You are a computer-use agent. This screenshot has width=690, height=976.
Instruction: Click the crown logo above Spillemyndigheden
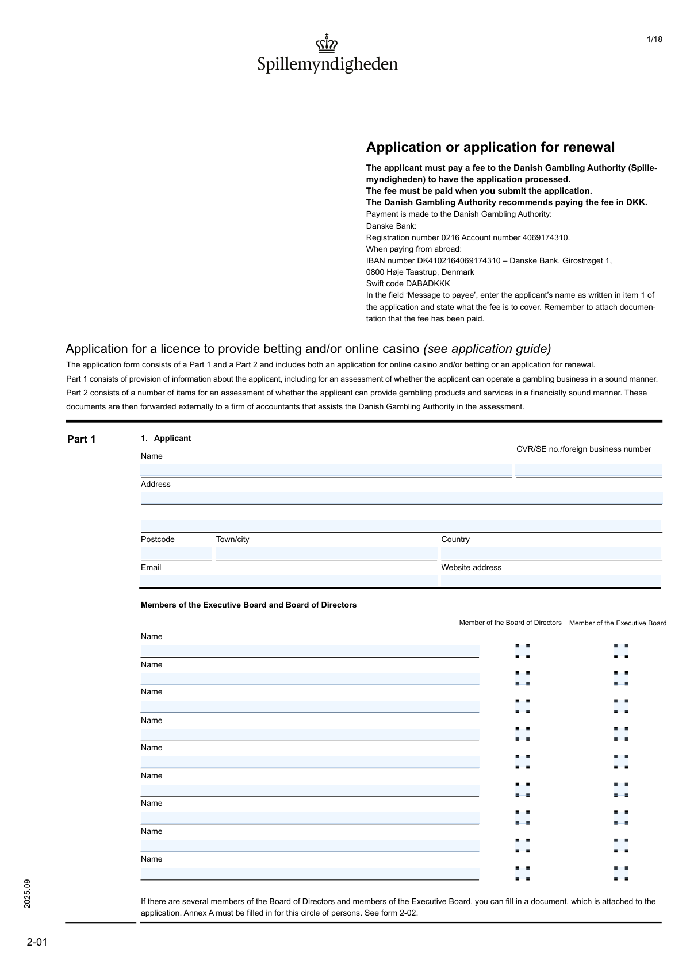[327, 43]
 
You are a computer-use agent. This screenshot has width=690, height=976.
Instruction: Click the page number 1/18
[654, 39]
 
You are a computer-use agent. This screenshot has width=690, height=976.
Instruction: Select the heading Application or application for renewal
[490, 147]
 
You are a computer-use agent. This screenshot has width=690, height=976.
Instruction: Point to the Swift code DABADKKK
[408, 283]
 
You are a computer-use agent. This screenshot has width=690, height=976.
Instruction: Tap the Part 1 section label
[82, 439]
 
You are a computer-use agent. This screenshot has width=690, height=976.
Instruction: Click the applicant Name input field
[326, 470]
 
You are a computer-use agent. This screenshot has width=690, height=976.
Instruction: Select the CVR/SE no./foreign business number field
[589, 470]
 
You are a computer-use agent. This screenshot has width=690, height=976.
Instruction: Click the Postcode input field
[176, 554]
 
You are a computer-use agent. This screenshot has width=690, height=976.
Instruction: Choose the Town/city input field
[326, 554]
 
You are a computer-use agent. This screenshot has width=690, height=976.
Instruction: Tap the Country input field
[551, 554]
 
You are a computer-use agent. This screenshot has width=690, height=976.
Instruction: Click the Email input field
[289, 581]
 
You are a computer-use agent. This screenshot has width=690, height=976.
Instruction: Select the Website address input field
[551, 581]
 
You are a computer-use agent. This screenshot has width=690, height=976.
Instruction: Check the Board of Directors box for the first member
[523, 651]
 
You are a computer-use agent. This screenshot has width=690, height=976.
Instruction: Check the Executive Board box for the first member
[621, 651]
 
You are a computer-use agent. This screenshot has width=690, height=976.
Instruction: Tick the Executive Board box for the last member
[621, 873]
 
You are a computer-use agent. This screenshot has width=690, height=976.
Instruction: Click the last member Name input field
[309, 874]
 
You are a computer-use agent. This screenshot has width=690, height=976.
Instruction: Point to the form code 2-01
[37, 942]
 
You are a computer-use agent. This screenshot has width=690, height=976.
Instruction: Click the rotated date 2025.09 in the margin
[28, 893]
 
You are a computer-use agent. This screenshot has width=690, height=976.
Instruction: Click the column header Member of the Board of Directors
[510, 623]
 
